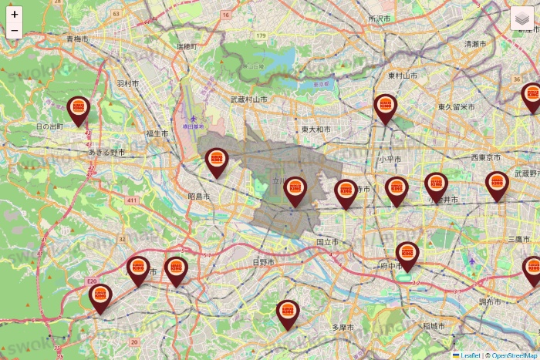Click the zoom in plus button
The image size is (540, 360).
[x=15, y=15]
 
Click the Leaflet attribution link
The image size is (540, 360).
[x=470, y=355]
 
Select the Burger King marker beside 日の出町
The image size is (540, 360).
[x=78, y=109]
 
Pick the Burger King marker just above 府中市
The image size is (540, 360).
[x=407, y=254]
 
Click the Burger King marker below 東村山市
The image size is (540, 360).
[x=385, y=107]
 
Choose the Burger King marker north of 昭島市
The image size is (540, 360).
[x=217, y=160]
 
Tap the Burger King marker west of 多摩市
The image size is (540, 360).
[x=288, y=313]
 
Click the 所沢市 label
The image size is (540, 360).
[x=380, y=18]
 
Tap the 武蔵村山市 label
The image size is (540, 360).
[x=248, y=99]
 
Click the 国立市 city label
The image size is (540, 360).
[x=327, y=242]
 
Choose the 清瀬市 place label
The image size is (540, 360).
[x=475, y=45]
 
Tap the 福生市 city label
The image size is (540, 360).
[x=157, y=133]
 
